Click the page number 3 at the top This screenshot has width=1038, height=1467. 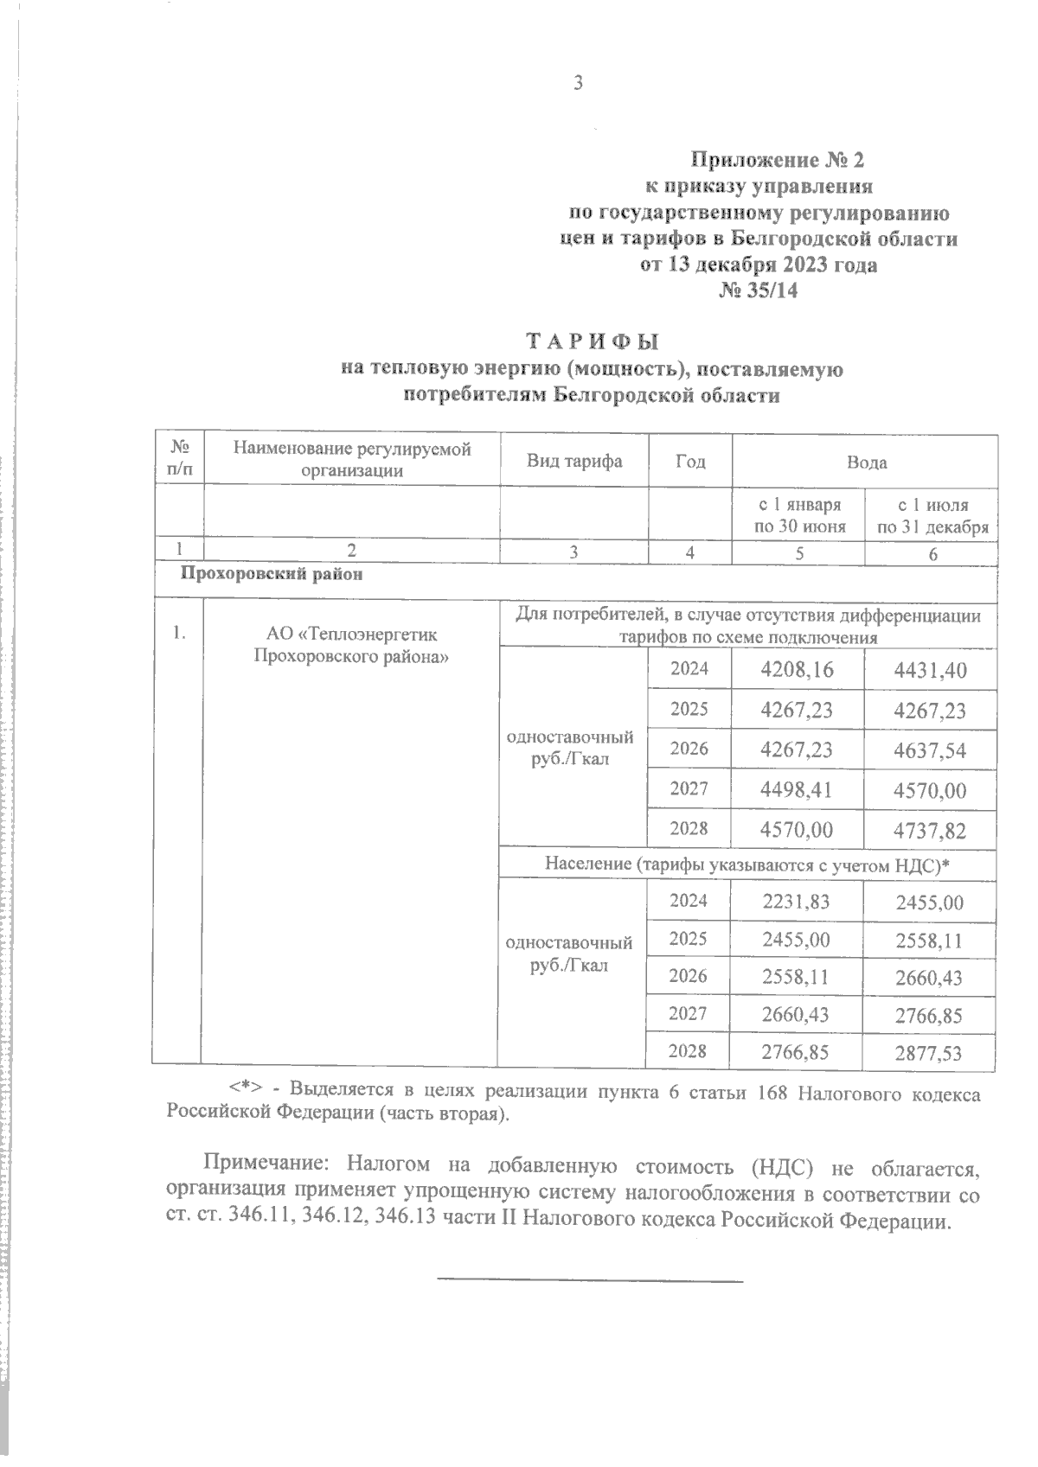pyautogui.click(x=579, y=83)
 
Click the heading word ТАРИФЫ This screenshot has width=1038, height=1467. pyautogui.click(x=592, y=341)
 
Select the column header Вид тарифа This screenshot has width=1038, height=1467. pyautogui.click(x=574, y=461)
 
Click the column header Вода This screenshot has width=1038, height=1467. pyautogui.click(x=866, y=462)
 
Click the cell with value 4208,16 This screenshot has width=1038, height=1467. pyautogui.click(x=796, y=670)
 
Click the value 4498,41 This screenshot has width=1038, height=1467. pyautogui.click(x=796, y=790)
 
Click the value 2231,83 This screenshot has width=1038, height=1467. pyautogui.click(x=796, y=902)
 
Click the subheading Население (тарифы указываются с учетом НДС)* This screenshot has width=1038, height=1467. pyautogui.click(x=746, y=864)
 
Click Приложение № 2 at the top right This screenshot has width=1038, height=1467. pyautogui.click(x=776, y=161)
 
